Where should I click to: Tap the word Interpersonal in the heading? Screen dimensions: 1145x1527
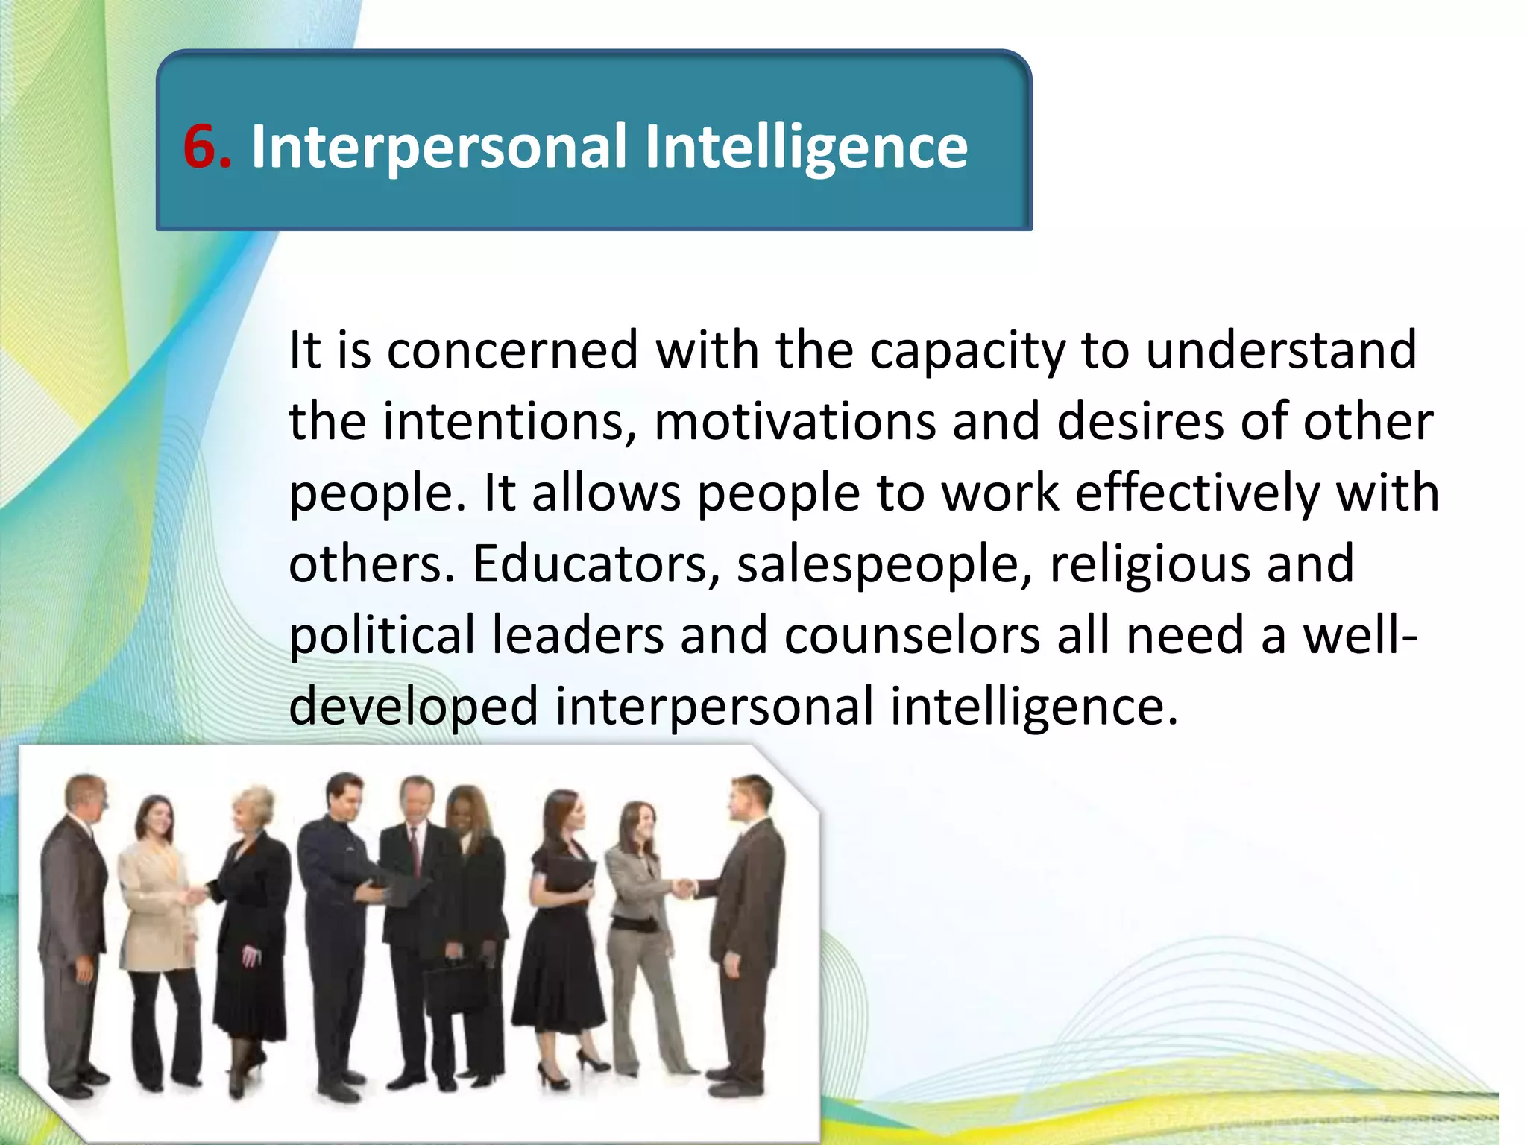(438, 148)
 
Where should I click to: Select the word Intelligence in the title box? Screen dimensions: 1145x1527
(805, 148)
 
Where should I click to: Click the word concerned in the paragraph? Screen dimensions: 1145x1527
(513, 350)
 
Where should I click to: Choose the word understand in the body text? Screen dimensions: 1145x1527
(1280, 350)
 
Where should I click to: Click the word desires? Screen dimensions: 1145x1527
(1140, 422)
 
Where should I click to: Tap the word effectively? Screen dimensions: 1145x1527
(1197, 493)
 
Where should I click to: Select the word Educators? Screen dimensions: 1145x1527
(589, 564)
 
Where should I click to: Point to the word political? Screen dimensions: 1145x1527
(382, 636)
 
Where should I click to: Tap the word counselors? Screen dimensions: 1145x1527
(912, 636)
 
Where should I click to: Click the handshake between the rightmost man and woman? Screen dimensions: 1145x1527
(684, 888)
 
